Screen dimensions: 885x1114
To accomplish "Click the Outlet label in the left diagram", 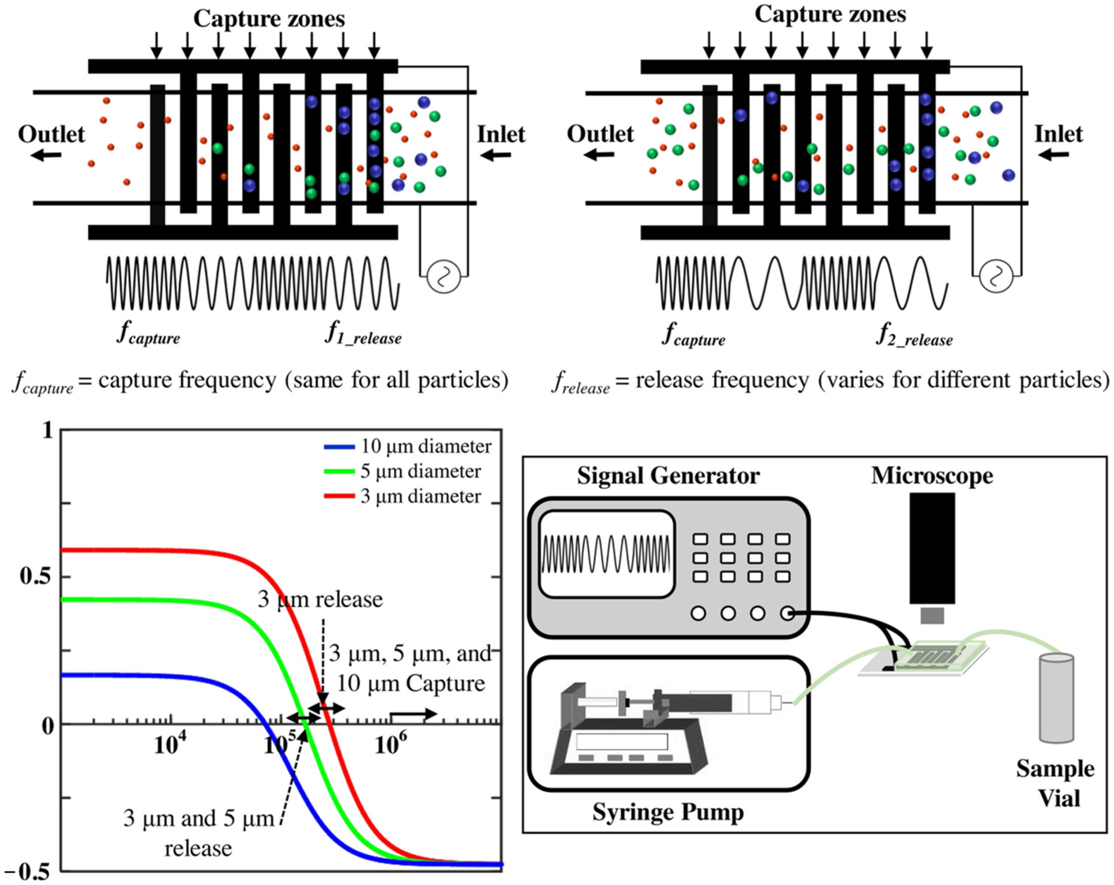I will click(51, 134).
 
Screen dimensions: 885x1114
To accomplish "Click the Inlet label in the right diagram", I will click(1058, 134).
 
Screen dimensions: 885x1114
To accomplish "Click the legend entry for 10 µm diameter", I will click(408, 446).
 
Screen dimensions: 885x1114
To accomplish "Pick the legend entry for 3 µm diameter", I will click(403, 496).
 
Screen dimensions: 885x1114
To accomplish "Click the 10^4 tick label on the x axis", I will click(170, 744).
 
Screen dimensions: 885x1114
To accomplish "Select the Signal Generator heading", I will click(668, 476).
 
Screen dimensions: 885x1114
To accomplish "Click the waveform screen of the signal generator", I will click(606, 554).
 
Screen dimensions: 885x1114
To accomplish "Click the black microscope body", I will click(932, 548).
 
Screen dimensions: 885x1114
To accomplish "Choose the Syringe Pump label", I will click(668, 812).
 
